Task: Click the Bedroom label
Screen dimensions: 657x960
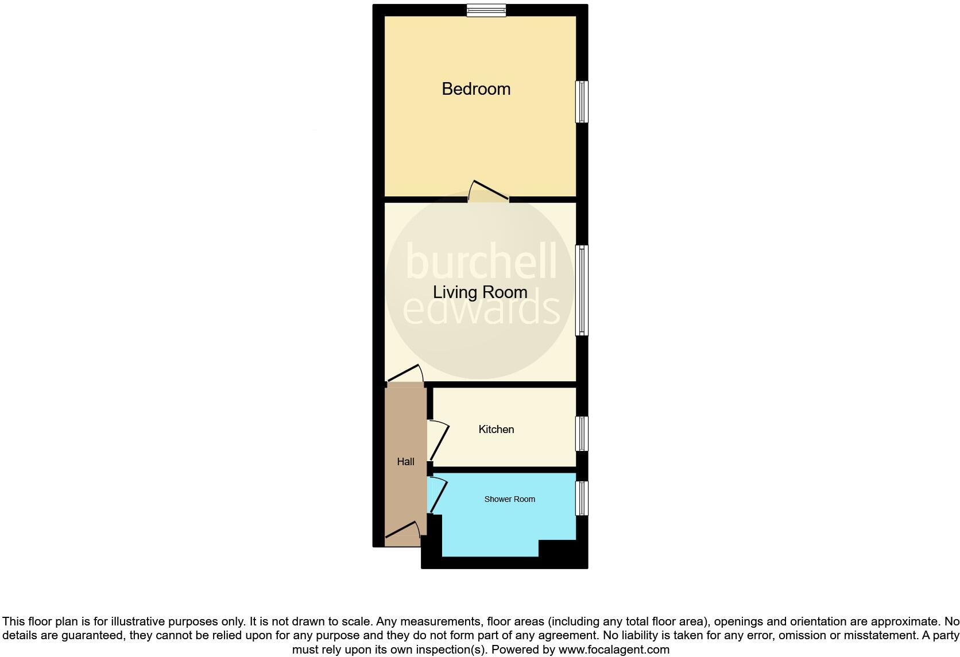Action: [476, 89]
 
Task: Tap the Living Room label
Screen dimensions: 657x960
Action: [480, 292]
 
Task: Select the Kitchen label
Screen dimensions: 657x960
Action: [496, 430]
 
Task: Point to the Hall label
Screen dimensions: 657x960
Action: [405, 462]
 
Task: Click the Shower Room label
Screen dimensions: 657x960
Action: [509, 499]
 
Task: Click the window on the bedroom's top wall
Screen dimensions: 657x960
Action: [486, 10]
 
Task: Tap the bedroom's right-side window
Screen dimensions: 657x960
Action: [582, 102]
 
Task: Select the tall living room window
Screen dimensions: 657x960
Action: [582, 290]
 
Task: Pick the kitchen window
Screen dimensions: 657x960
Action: [582, 434]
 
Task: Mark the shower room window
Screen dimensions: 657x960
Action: [582, 498]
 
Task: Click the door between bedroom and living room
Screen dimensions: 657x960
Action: [489, 192]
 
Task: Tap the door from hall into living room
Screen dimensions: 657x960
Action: [405, 374]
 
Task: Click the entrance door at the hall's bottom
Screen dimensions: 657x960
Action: [402, 532]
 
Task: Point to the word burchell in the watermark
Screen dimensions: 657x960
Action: [481, 262]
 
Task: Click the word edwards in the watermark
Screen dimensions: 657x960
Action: [481, 310]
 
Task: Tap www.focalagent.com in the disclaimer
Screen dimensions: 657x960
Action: [614, 650]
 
